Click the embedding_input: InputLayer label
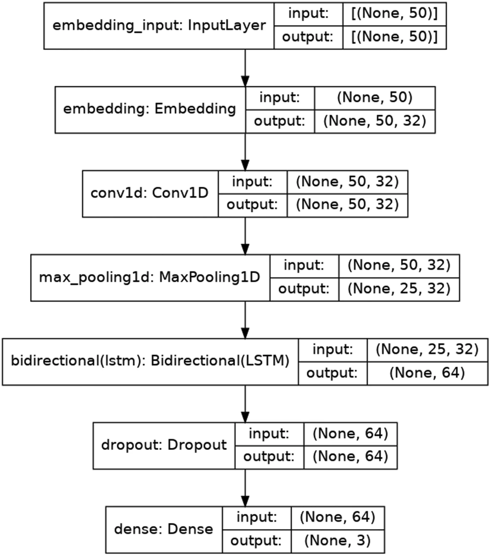pos(159,26)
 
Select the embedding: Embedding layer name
pos(149,109)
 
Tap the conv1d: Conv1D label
pos(149,193)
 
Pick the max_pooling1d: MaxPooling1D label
pos(149,278)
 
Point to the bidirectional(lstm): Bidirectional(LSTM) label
pos(150,361)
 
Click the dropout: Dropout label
pos(164,445)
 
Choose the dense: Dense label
pos(164,529)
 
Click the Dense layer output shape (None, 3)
pos(338,541)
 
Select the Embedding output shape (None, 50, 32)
pos(375,121)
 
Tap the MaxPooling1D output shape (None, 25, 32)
pos(399,289)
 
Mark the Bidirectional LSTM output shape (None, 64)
pos(427,373)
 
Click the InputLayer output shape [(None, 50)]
pos(395,37)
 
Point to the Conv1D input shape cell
pos(347,182)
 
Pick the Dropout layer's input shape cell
pos(351,434)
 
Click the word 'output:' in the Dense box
pos(256,541)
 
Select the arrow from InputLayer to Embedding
pos(245,68)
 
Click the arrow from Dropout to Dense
pos(245,488)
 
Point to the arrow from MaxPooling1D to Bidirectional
pos(245,320)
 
